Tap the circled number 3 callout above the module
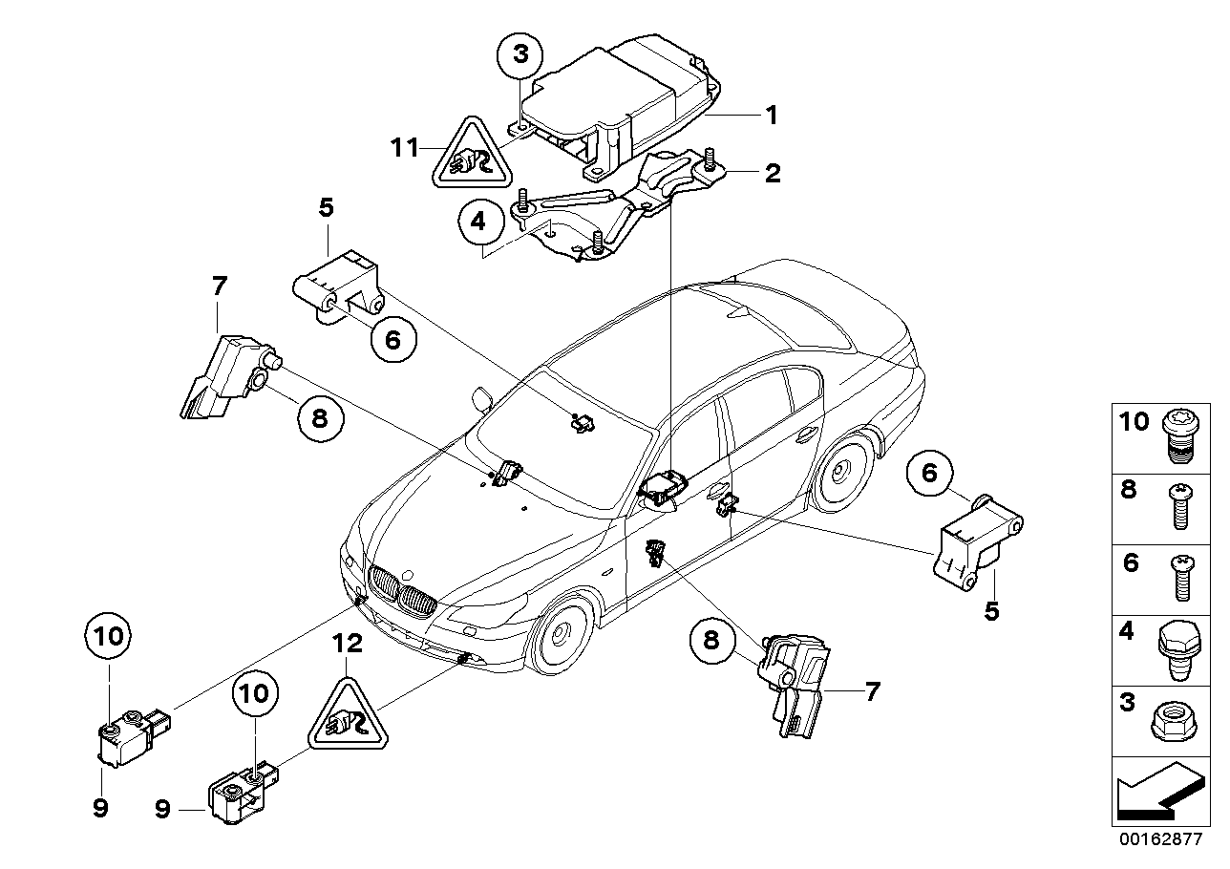[x=520, y=54]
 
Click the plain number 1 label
[x=771, y=116]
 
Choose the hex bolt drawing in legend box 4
[x=1175, y=651]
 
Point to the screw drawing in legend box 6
[x=1177, y=579]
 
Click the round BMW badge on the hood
[x=407, y=576]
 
